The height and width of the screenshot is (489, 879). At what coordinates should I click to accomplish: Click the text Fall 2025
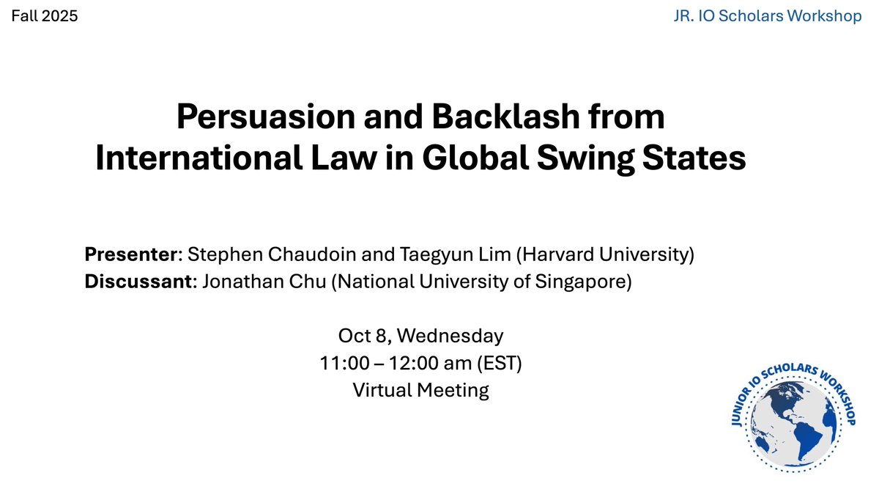click(x=44, y=15)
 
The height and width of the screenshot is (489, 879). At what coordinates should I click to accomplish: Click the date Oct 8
click(x=363, y=337)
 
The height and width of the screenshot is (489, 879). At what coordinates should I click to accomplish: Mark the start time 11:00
click(x=344, y=364)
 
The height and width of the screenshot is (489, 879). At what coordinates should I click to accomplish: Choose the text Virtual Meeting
click(x=420, y=390)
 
